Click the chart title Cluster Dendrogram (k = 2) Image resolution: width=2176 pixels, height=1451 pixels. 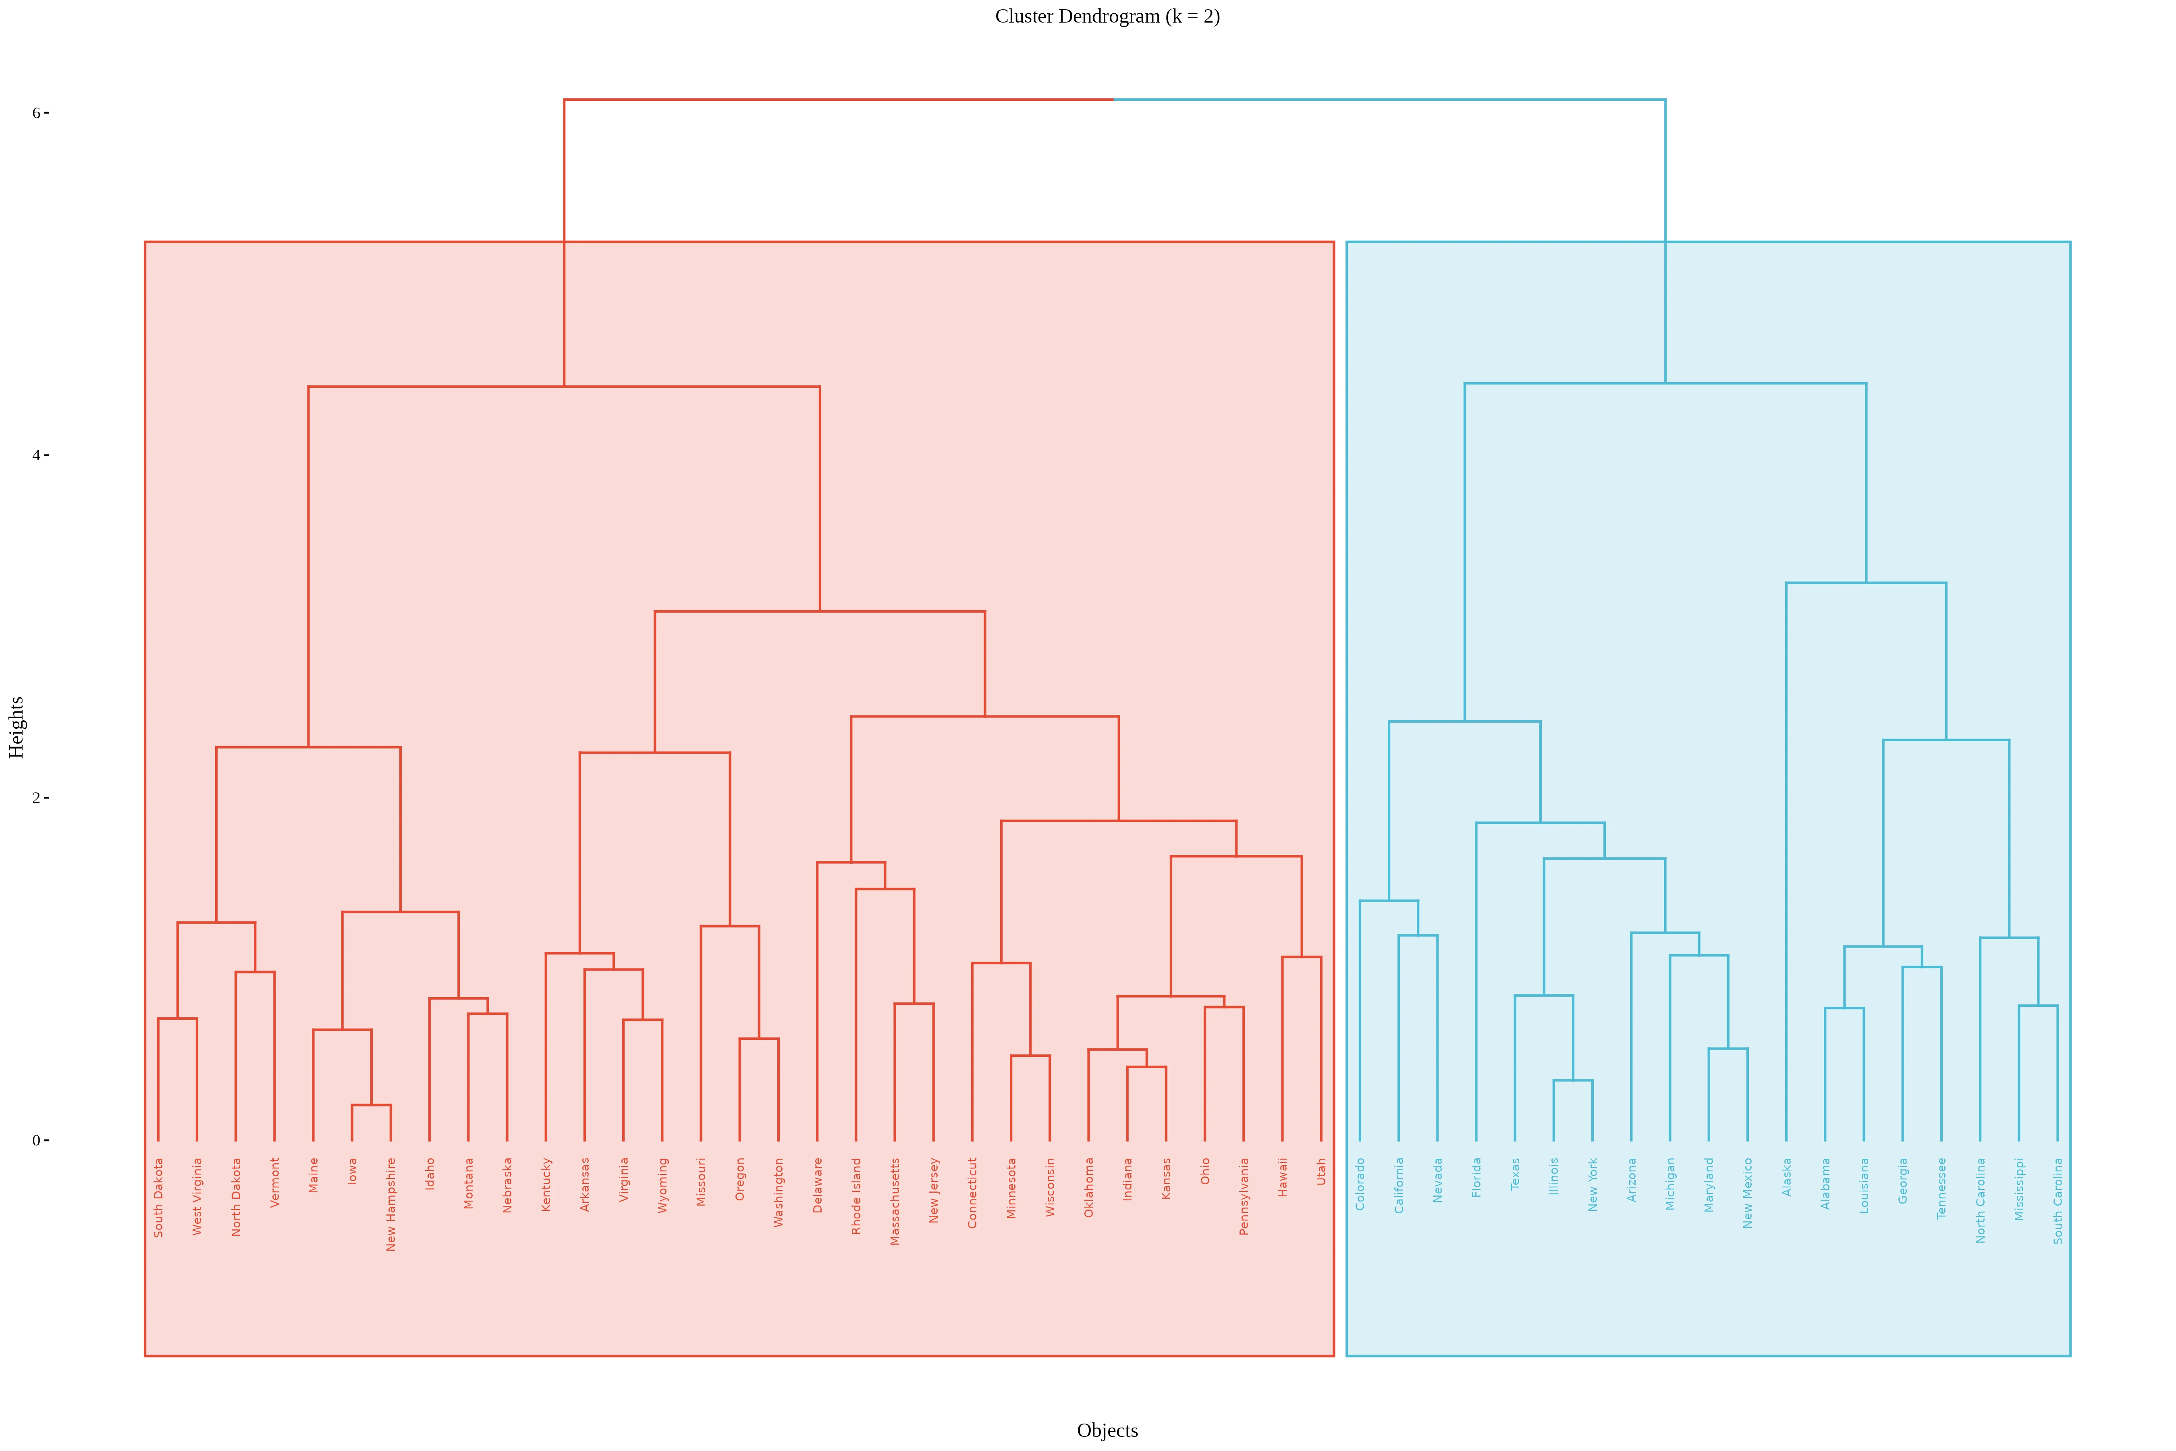pos(1107,17)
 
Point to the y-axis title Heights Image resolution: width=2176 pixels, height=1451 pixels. pos(17,728)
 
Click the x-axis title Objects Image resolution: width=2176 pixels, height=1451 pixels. pos(1107,1430)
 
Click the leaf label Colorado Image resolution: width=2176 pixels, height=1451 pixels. pos(1360,1183)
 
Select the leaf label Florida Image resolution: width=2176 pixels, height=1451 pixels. pos(1476,1177)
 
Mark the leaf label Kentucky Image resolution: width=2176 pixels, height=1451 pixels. pos(546,1185)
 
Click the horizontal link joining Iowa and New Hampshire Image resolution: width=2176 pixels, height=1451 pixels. pos(371,1105)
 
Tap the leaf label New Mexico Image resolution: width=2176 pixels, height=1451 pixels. pos(1748,1193)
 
